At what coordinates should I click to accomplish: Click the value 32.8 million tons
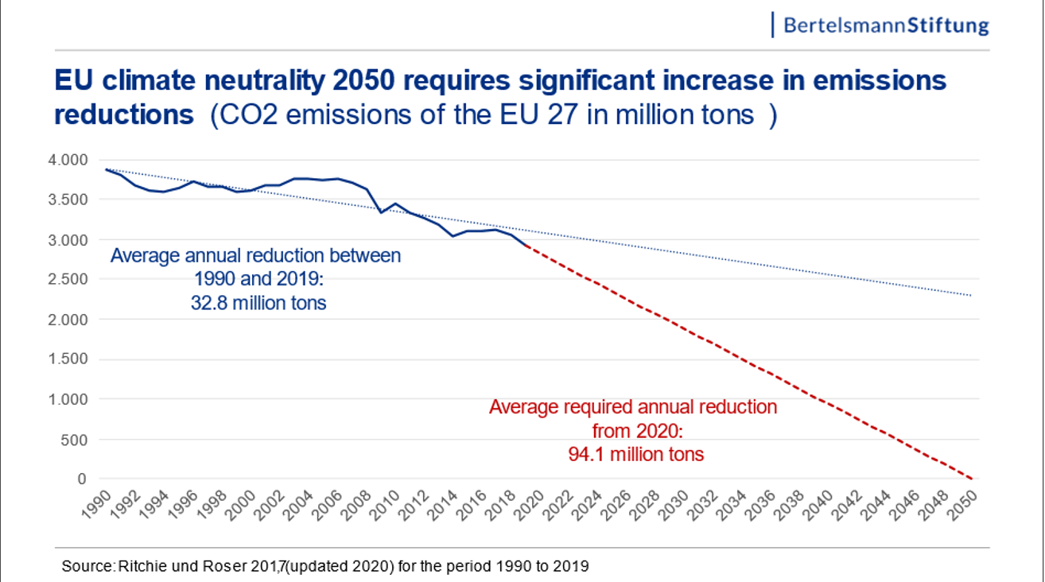coord(258,303)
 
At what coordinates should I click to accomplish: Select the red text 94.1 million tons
coord(635,455)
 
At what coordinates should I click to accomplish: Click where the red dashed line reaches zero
coord(972,479)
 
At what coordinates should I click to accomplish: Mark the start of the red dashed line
coord(526,246)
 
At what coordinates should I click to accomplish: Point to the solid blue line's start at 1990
coord(107,169)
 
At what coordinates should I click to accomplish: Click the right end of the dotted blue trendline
coord(972,296)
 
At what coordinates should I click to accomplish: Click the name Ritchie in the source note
coord(138,567)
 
